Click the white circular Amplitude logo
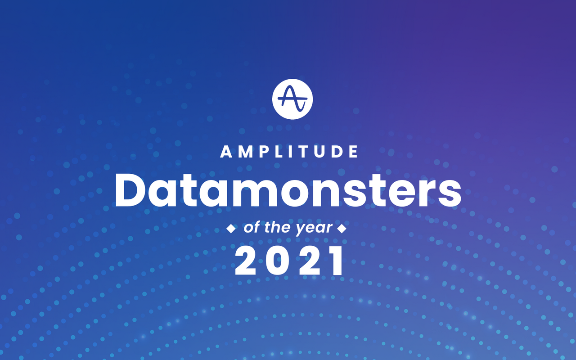(x=292, y=99)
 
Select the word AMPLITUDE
(x=289, y=152)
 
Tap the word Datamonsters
(x=288, y=190)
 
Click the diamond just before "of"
(x=231, y=229)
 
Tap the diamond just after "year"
(x=342, y=229)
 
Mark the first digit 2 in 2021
(x=247, y=262)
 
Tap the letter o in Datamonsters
(x=288, y=193)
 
